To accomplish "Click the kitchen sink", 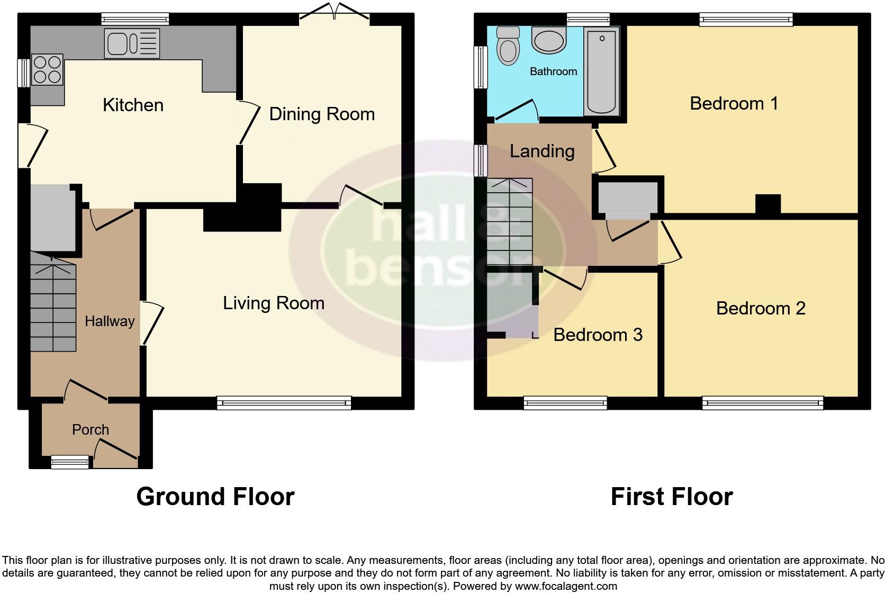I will pos(132,43).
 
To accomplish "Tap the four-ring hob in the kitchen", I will pos(47,70).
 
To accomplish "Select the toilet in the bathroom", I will pos(508,46).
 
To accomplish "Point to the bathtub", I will pos(602,71).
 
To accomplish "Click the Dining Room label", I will pos(322,114).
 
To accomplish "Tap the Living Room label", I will pos(273,303).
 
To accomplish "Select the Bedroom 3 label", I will pos(598,335).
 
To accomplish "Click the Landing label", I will pos(542,151).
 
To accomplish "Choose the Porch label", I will pos(91,430).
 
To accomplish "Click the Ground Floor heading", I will pos(215,497).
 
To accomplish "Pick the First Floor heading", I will pos(671,497).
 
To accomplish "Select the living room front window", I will pos(284,403).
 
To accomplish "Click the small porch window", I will pos(70,463).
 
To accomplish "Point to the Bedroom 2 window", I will pos(762,403).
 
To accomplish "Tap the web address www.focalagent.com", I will pos(565,586).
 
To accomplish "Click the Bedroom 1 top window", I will pos(746,20).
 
